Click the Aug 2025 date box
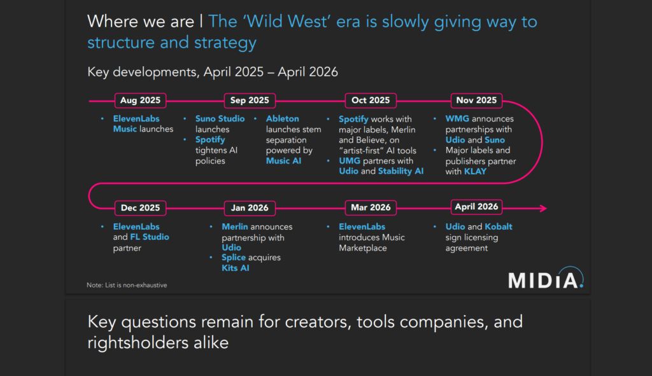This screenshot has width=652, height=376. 140,101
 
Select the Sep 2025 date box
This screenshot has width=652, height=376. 250,101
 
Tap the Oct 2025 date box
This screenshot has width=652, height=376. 371,101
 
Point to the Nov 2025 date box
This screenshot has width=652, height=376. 476,101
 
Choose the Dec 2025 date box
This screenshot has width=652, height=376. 140,208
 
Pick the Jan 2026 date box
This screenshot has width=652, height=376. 250,208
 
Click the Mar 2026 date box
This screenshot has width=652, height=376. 371,208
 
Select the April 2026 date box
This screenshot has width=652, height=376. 476,207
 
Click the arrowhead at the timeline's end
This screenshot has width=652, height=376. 544,208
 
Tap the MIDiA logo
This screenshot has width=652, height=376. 546,278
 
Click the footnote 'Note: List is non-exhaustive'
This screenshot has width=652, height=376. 127,285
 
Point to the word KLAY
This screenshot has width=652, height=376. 475,172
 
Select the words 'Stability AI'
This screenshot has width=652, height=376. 401,171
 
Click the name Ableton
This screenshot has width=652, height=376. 282,119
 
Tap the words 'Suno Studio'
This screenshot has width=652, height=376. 220,119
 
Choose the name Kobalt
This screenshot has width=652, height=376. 499,227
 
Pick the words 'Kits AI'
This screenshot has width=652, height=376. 236,268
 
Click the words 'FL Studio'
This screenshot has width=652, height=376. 150,237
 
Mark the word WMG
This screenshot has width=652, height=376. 457,119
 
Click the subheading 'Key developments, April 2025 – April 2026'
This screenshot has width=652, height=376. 213,72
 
